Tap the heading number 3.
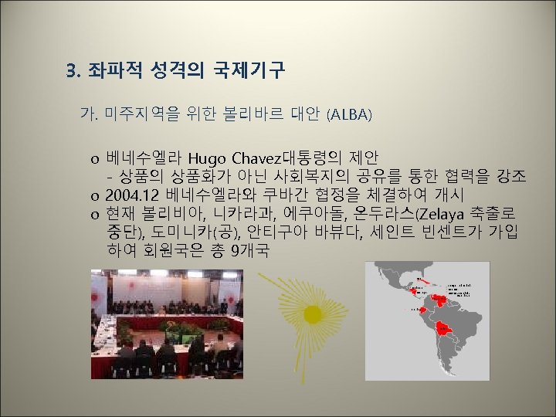(73, 72)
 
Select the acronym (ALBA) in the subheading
(349, 115)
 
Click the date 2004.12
(134, 194)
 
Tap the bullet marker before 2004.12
(93, 195)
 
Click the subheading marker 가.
(86, 115)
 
